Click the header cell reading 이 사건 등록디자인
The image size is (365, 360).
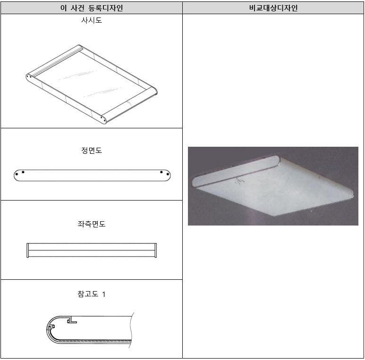[x=91, y=8]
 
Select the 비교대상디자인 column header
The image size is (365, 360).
[x=273, y=8]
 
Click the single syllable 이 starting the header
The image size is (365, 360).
[x=64, y=8]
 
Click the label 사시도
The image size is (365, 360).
[x=91, y=21]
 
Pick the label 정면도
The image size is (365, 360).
[x=91, y=151]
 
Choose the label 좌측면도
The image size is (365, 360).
[x=91, y=224]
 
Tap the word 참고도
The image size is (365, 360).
[x=87, y=294]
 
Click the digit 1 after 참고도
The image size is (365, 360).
[x=104, y=294]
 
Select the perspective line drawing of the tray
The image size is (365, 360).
[x=92, y=85]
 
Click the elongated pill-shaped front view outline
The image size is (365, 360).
[x=92, y=175]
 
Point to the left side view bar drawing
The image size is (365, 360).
[x=92, y=250]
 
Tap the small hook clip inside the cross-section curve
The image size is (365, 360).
[x=51, y=327]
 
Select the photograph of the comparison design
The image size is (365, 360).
[x=273, y=186]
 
